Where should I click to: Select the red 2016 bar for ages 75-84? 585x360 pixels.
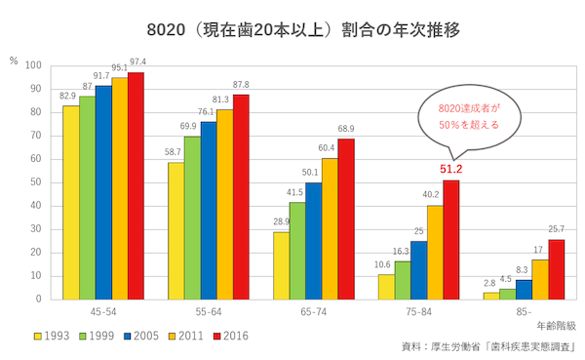[x=451, y=239]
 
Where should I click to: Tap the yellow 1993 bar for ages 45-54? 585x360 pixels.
[x=70, y=202]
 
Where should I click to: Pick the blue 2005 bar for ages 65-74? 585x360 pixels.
[x=313, y=240]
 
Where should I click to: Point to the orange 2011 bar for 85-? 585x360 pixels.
[x=539, y=279]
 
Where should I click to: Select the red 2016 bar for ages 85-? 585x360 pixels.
[x=556, y=268]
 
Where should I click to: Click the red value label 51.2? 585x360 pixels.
[x=451, y=170]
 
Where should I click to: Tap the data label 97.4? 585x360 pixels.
[x=136, y=63]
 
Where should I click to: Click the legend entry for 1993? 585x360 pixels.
[x=55, y=335]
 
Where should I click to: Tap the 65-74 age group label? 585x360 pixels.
[x=313, y=312]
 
